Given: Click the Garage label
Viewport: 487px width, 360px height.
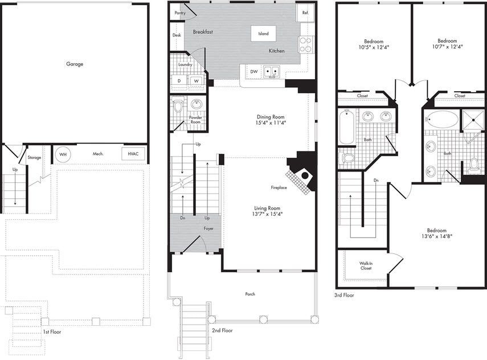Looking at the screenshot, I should [x=74, y=64].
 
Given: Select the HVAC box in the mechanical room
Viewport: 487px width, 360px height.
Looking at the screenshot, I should [x=133, y=154].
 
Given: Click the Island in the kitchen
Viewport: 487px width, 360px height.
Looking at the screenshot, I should [x=263, y=34].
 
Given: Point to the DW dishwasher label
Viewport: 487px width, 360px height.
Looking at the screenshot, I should [x=253, y=71].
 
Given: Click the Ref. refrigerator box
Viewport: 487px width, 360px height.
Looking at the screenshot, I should [x=305, y=13].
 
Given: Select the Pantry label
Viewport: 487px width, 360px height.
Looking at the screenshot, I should [x=181, y=12].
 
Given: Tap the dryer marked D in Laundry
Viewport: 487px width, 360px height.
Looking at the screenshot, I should [x=180, y=81].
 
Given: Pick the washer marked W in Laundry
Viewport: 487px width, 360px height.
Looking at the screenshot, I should [x=196, y=81].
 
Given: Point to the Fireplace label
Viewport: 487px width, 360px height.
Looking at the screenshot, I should [x=279, y=187].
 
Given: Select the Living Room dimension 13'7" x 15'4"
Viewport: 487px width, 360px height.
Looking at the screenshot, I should [x=267, y=214].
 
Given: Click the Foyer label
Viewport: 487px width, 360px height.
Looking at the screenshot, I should [x=209, y=228].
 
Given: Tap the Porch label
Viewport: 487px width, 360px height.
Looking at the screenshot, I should [x=250, y=294].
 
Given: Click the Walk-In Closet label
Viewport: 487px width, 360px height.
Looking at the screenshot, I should [x=366, y=265].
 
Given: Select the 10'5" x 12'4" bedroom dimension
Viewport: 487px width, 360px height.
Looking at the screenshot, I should [x=374, y=47].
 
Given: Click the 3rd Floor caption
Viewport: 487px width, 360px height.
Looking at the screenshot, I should [x=345, y=295].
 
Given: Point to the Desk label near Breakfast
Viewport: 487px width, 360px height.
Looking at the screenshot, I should [x=177, y=35].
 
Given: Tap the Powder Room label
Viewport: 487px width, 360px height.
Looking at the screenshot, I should [x=195, y=119].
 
